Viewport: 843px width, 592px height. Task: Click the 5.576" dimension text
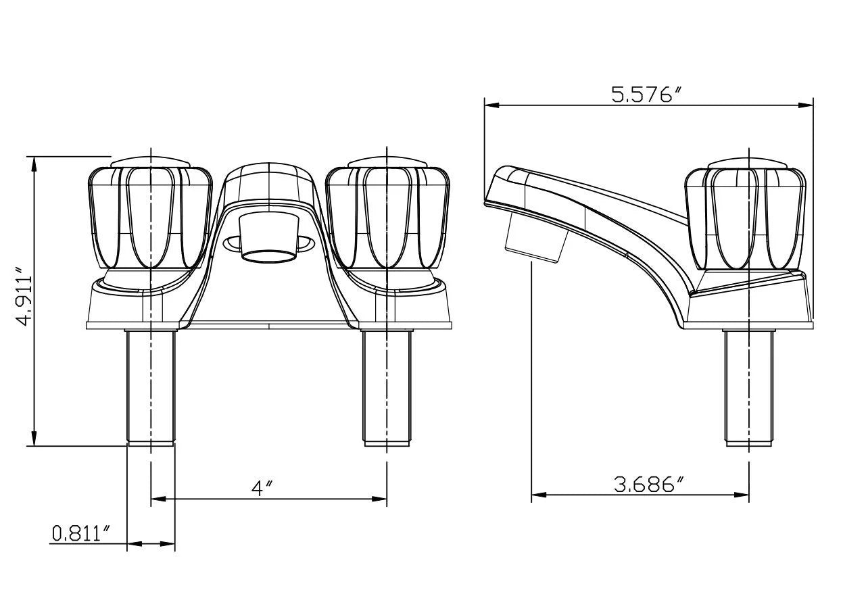point(644,95)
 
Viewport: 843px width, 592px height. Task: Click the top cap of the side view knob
point(748,162)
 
